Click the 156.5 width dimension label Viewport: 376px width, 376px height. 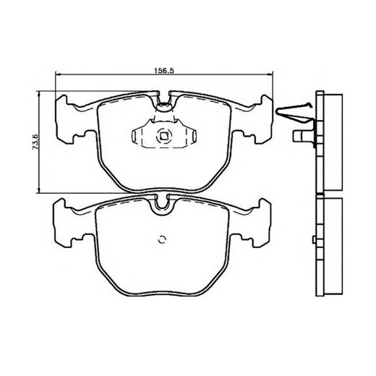pyautogui.click(x=164, y=70)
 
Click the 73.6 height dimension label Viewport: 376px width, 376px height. pyautogui.click(x=35, y=142)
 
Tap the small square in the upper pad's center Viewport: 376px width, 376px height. pyautogui.click(x=163, y=137)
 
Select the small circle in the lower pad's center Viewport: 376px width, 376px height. pyautogui.click(x=161, y=239)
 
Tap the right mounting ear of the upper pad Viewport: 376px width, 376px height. pyautogui.click(x=254, y=119)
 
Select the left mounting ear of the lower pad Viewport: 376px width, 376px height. pyautogui.click(x=70, y=223)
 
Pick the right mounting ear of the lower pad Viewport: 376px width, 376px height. pyautogui.click(x=251, y=223)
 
